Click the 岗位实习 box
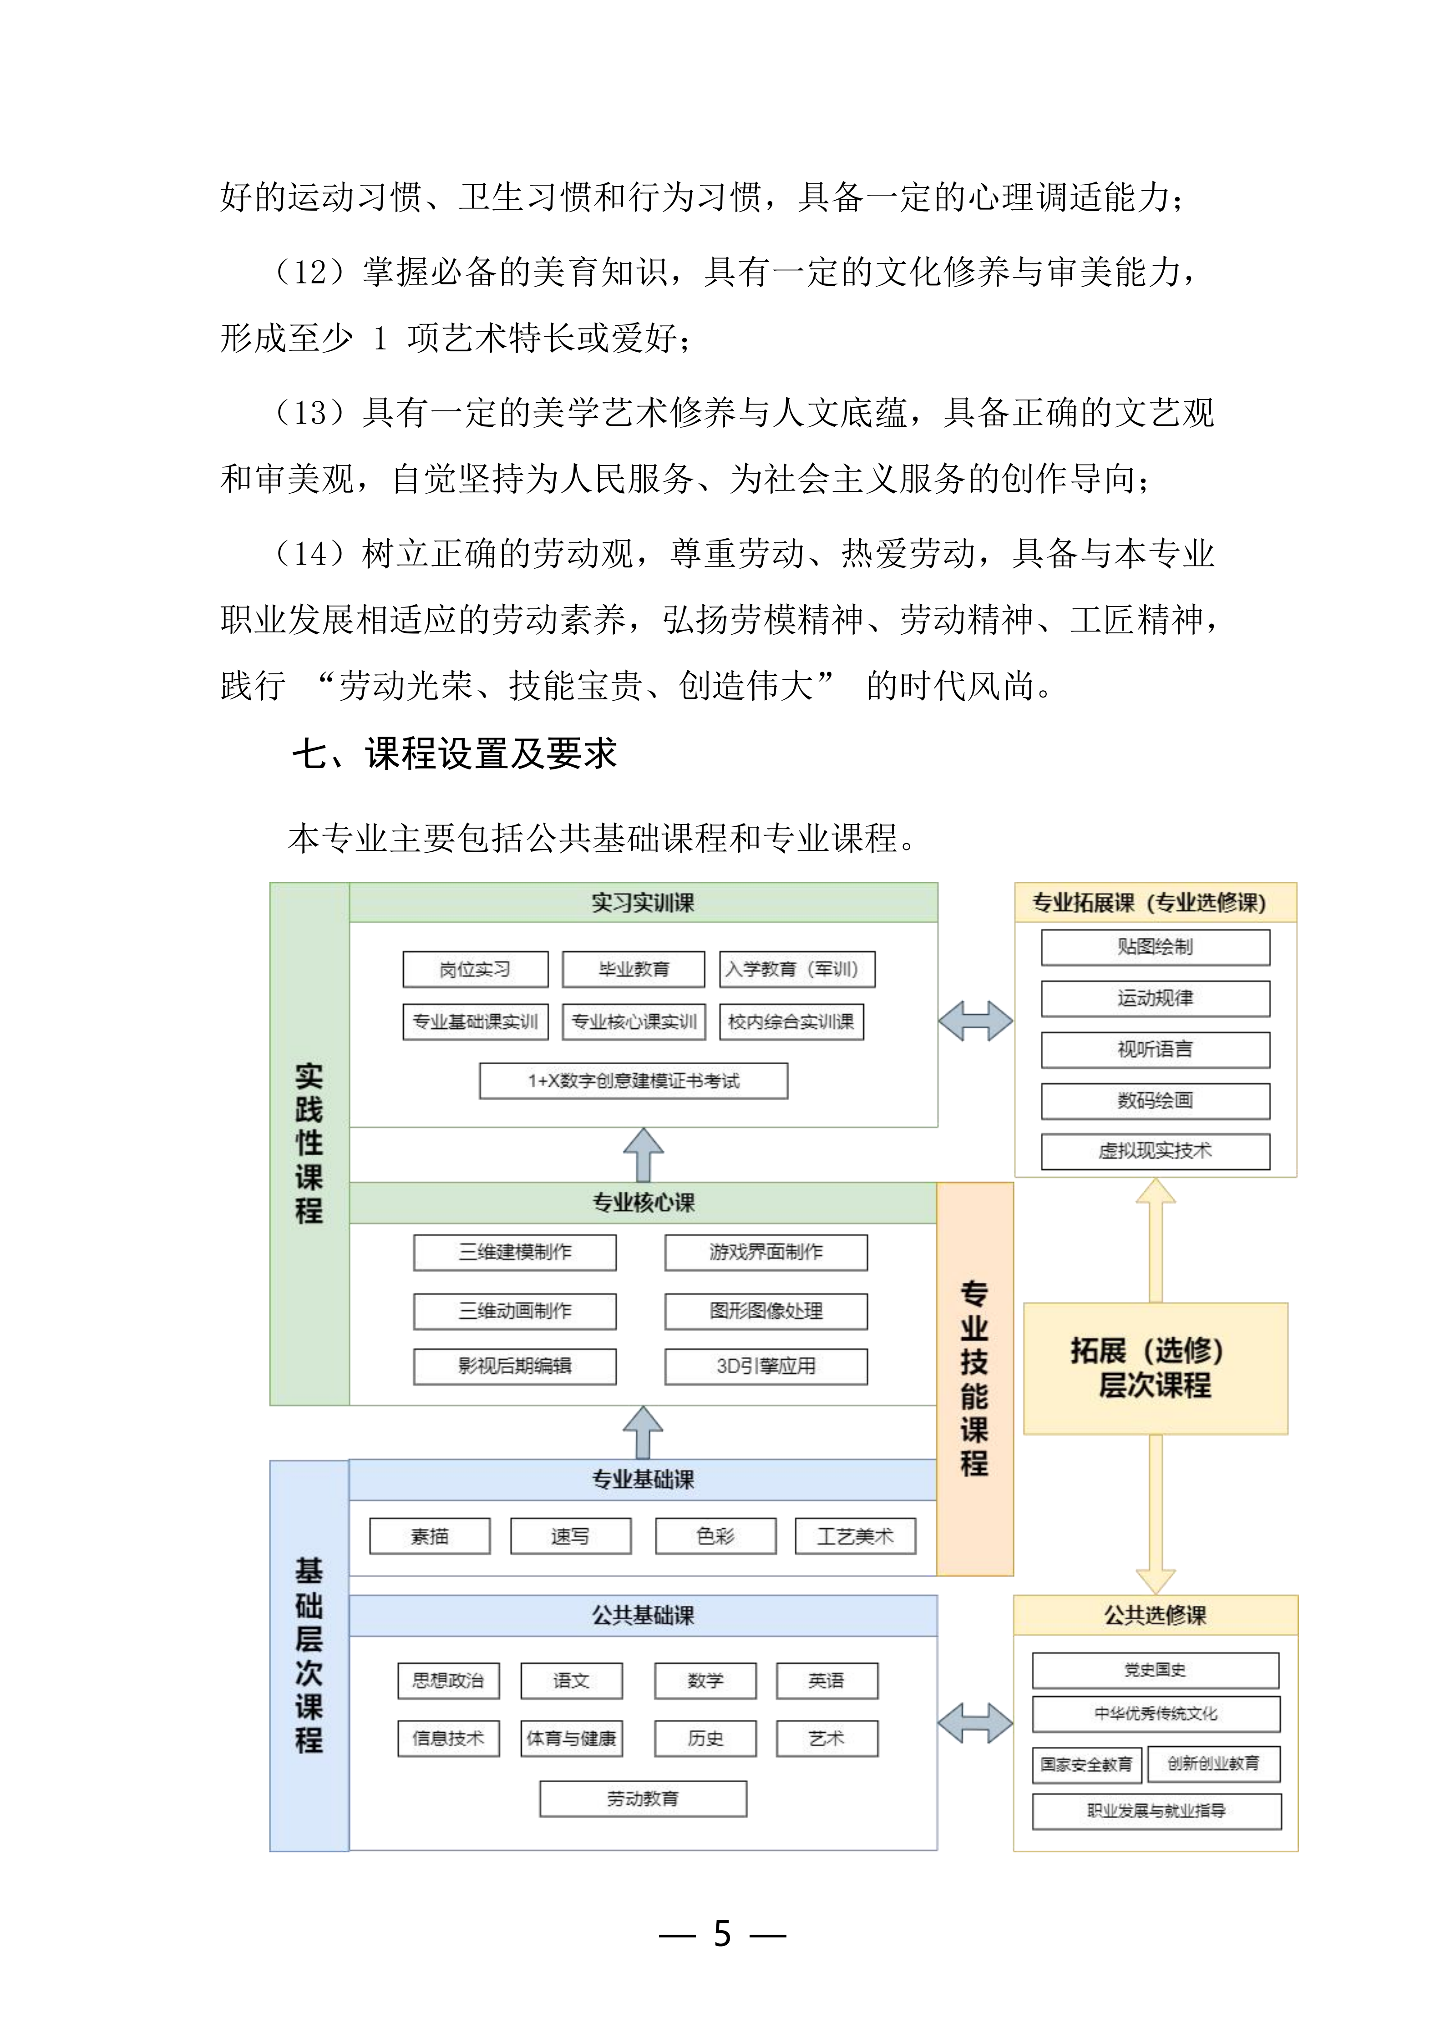475,969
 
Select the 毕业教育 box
634,969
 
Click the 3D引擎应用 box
766,1366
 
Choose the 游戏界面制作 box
766,1252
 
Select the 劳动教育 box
643,1798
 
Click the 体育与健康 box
571,1738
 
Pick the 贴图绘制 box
1155,947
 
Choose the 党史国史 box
1155,1670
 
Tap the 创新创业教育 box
1214,1764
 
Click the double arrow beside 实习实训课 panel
975,1021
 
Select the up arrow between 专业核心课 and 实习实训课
643,1155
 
